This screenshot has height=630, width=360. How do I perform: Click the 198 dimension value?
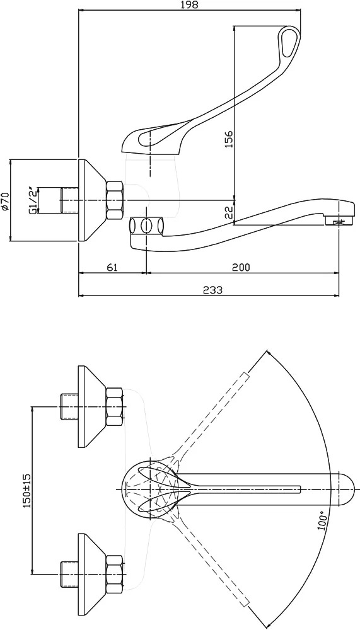(190, 5)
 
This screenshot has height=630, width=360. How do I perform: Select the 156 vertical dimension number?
(229, 139)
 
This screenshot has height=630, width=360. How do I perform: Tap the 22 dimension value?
(229, 213)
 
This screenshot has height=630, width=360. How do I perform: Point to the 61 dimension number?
(112, 267)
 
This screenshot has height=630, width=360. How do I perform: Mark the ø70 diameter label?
(5, 200)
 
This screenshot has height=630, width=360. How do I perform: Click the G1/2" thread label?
(34, 200)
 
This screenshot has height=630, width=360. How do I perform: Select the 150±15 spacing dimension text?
(27, 490)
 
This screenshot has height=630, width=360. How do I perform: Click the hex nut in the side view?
(116, 200)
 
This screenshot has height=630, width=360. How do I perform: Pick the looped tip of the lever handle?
(288, 42)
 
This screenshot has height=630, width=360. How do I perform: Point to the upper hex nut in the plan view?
(115, 407)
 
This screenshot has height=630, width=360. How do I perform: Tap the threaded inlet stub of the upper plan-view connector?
(69, 407)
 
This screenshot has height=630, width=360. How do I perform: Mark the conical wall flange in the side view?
(93, 200)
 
